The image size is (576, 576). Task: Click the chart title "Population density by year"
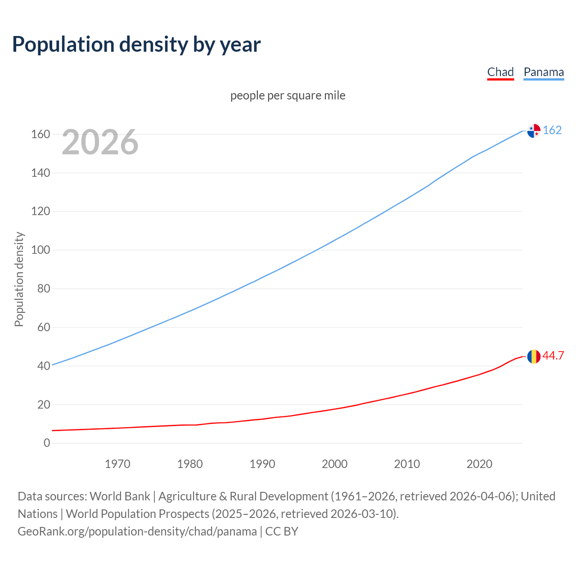click(x=136, y=45)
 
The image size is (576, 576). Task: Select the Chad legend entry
click(x=500, y=72)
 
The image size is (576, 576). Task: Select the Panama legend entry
click(x=544, y=72)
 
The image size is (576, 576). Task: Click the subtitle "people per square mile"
click(x=288, y=95)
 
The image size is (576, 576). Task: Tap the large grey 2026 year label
click(x=100, y=142)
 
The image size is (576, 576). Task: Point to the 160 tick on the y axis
click(x=40, y=134)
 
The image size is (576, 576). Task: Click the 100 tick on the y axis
click(x=40, y=250)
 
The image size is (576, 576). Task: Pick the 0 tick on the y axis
click(x=47, y=443)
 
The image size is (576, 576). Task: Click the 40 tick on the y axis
click(x=44, y=366)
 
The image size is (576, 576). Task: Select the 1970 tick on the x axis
click(x=117, y=464)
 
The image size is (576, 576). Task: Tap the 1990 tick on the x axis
click(x=262, y=464)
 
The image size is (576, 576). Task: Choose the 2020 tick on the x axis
click(x=479, y=464)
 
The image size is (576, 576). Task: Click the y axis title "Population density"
click(x=19, y=279)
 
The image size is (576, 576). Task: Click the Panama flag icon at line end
click(x=534, y=130)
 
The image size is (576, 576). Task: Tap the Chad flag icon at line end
click(x=534, y=356)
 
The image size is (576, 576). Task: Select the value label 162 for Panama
click(x=552, y=130)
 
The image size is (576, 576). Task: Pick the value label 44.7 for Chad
click(x=553, y=355)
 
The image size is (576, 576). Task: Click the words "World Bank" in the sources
click(x=120, y=496)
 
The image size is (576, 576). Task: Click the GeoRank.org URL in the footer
click(x=137, y=531)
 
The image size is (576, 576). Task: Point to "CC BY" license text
click(x=282, y=531)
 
